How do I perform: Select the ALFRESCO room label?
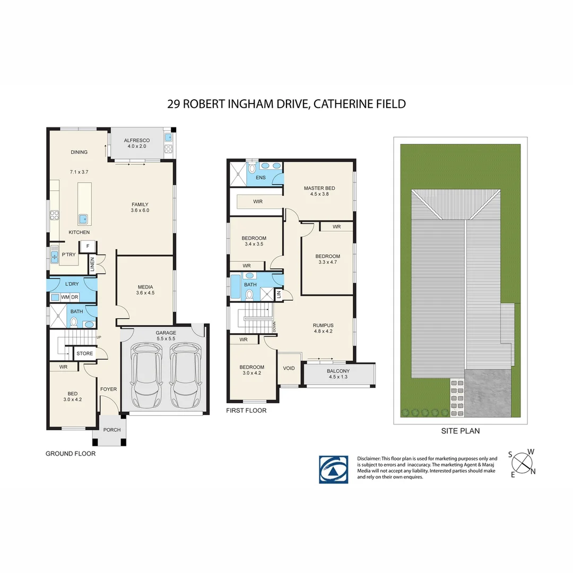coord(137,141)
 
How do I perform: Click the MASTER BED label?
coord(319,188)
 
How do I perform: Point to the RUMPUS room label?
coord(323,325)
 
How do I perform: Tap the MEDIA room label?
coord(145,286)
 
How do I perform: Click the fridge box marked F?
coord(87,246)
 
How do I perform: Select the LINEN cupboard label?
coord(92,263)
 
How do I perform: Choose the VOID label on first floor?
coord(289,368)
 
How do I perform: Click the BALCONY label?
coord(338,371)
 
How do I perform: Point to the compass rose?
coord(523,462)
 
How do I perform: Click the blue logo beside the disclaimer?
coord(333,469)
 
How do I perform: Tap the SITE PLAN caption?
coord(460,431)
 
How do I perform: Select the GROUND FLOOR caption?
coord(71,454)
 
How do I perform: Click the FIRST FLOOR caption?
coord(246,410)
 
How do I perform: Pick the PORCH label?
coord(112,430)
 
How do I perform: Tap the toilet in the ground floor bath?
coord(75,322)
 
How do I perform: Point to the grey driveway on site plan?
coord(487,393)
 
